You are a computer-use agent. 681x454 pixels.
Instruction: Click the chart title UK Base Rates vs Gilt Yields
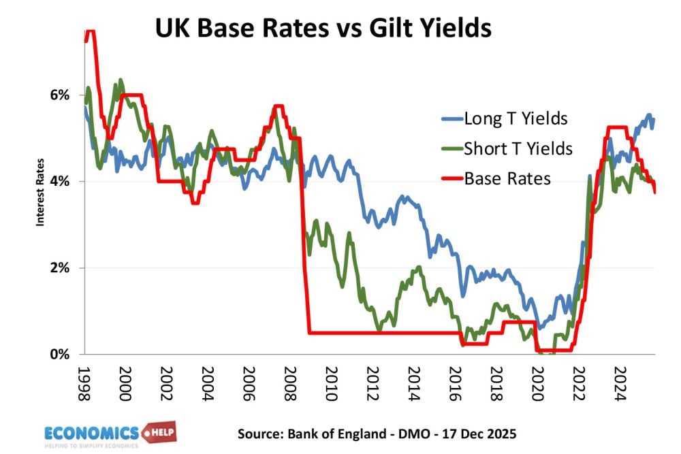point(323,29)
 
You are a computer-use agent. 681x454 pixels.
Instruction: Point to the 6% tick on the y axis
point(61,95)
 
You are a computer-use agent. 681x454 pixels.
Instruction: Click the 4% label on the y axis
point(61,182)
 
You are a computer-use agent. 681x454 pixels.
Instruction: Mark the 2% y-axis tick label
point(61,268)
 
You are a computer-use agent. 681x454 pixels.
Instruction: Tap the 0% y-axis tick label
point(61,355)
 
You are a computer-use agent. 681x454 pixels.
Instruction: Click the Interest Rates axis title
point(40,192)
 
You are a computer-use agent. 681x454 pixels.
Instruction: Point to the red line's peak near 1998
point(89,31)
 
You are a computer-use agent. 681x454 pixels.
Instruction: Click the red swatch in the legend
point(450,179)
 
